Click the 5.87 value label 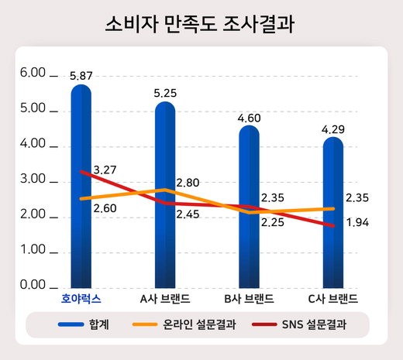pyautogui.click(x=81, y=76)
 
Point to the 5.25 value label pyautogui.click(x=165, y=93)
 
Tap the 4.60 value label pyautogui.click(x=249, y=118)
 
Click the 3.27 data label pyautogui.click(x=105, y=170)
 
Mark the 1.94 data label pyautogui.click(x=357, y=223)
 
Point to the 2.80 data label pyautogui.click(x=188, y=183)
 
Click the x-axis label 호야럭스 pyautogui.click(x=81, y=298)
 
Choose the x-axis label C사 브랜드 pyautogui.click(x=332, y=298)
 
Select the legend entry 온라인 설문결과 pyautogui.click(x=200, y=324)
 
